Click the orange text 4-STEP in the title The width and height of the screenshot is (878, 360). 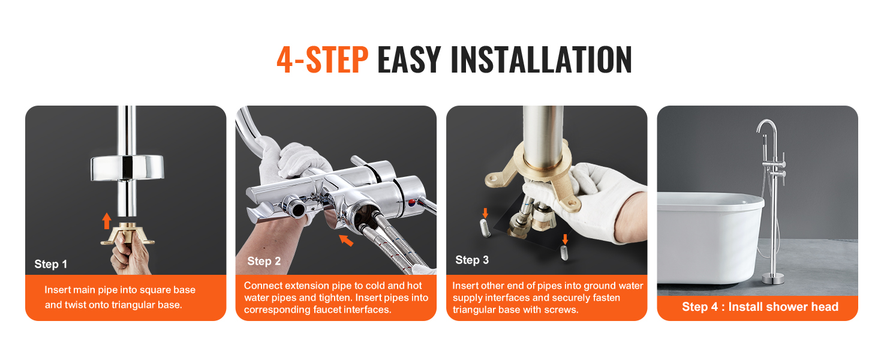(322, 59)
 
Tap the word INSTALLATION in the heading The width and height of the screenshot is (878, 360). (542, 59)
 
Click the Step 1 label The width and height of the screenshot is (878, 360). (50, 265)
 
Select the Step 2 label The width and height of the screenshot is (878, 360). (264, 261)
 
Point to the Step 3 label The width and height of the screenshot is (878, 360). (472, 260)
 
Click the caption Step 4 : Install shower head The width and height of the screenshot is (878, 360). (760, 307)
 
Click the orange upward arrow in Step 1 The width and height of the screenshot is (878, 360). (107, 221)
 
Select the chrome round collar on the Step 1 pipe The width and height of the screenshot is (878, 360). (127, 168)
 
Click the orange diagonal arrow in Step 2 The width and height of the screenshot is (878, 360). (346, 240)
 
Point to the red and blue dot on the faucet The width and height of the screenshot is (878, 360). (412, 202)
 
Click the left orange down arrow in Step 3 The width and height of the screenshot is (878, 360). (485, 214)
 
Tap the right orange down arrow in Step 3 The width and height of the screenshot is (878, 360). (565, 239)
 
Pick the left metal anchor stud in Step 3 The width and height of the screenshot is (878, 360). (485, 228)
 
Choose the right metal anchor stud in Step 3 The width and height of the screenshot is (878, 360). (564, 253)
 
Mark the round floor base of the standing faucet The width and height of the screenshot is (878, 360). (773, 278)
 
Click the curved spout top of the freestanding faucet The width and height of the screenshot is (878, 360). (766, 125)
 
